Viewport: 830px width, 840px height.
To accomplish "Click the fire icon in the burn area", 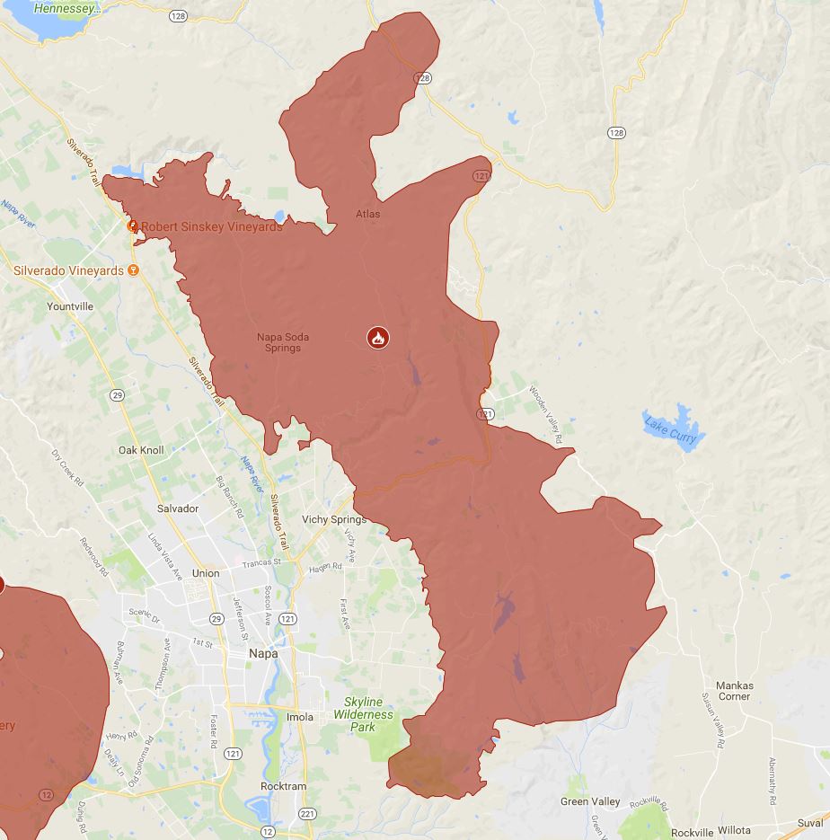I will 378,338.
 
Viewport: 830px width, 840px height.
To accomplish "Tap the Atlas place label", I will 367,214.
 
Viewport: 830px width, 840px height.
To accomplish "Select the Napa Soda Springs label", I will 283,342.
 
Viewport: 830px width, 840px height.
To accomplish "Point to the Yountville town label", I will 70,306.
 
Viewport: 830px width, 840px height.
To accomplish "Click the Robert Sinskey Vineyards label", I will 211,226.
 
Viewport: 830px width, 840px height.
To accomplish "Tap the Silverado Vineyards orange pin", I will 134,270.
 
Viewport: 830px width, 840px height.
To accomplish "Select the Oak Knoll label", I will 141,450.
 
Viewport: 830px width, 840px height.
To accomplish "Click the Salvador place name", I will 177,508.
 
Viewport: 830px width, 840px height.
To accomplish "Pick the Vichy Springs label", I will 334,519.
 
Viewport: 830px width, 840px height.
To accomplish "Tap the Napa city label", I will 263,654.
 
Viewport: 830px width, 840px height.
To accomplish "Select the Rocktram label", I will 283,786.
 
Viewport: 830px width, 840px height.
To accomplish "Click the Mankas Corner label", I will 734,691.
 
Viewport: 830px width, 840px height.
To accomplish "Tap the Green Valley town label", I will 590,801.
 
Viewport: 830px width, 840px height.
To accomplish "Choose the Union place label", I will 205,573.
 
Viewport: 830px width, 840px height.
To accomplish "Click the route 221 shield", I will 308,814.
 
